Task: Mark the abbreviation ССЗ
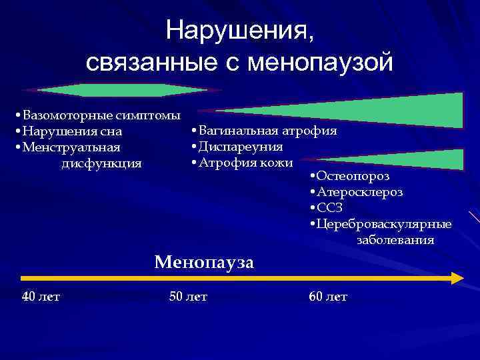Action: click(331, 208)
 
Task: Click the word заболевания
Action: click(395, 239)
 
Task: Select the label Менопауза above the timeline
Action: click(204, 262)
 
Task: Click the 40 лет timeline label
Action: click(41, 297)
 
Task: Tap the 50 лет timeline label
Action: click(188, 297)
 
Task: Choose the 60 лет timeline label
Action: click(328, 297)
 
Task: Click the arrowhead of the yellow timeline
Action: click(457, 278)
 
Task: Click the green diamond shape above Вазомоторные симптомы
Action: click(122, 91)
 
